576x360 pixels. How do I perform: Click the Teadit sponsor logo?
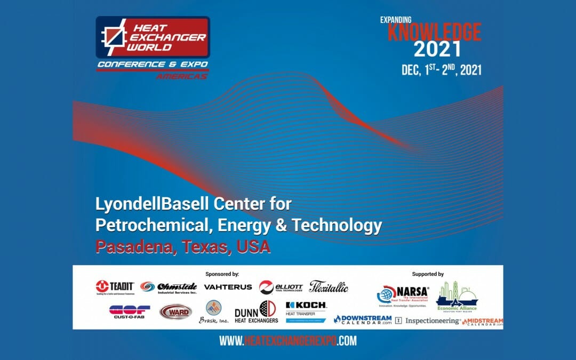coord(115,287)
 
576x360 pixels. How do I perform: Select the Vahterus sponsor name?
coord(228,287)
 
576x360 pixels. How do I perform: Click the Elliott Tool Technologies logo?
coord(281,287)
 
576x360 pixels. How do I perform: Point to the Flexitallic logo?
coord(329,286)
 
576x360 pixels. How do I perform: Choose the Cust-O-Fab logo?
coord(130,311)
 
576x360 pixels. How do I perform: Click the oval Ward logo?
coord(175,311)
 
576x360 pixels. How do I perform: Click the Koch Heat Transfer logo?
coord(306,311)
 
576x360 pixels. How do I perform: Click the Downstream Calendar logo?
coord(363,319)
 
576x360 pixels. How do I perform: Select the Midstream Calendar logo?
coord(483,322)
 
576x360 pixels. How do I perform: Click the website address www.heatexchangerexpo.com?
coord(288,341)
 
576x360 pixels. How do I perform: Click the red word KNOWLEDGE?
coord(434,31)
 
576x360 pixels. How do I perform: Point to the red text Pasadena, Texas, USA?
coord(183,247)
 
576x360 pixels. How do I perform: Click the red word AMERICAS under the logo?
coord(181,76)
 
